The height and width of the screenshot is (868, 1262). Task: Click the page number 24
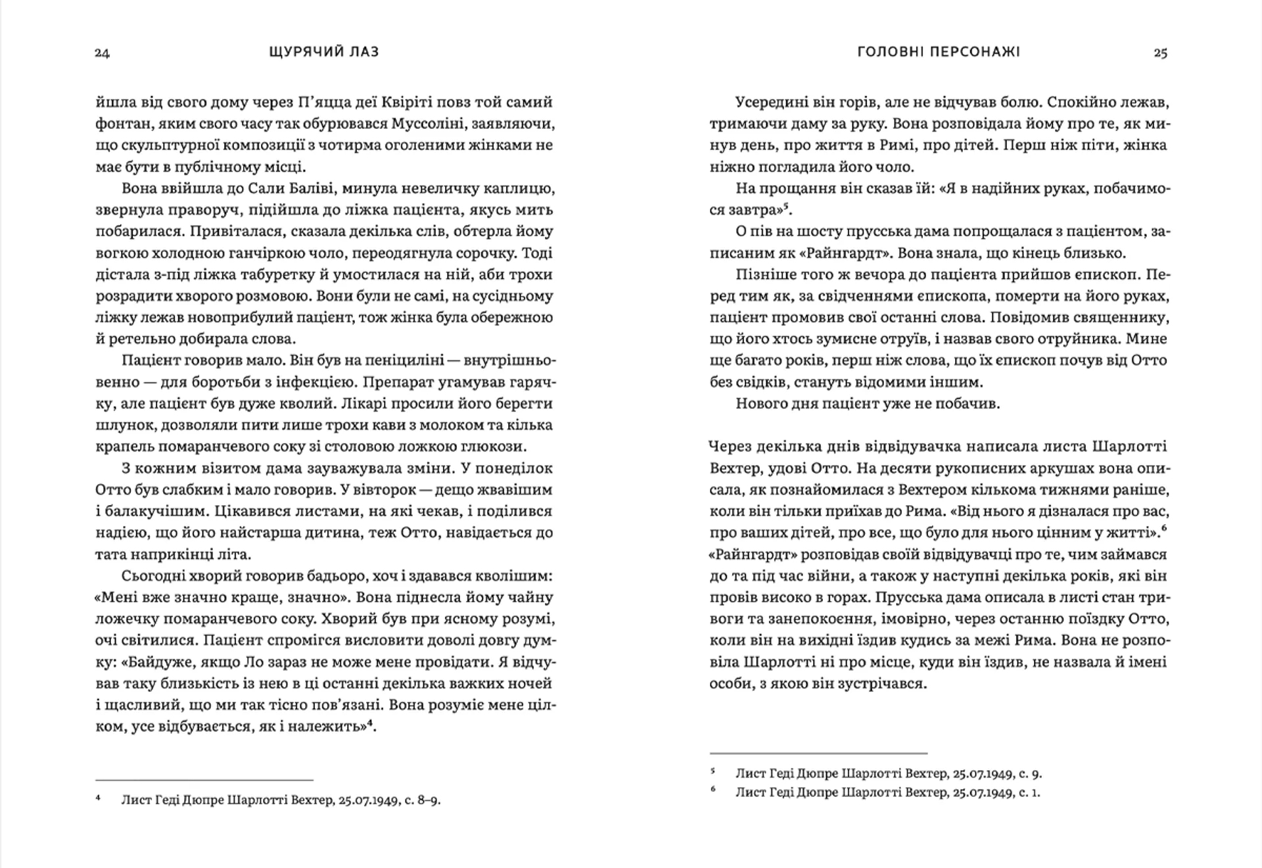coord(102,53)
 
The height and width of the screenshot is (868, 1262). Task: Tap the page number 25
coord(1160,53)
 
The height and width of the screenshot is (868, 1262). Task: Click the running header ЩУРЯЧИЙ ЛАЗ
coord(324,52)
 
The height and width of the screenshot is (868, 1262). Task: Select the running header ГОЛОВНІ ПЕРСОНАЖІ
coord(939,52)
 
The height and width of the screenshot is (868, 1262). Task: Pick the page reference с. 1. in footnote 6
coord(1029,792)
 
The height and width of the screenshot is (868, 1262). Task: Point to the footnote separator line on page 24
coord(204,779)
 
